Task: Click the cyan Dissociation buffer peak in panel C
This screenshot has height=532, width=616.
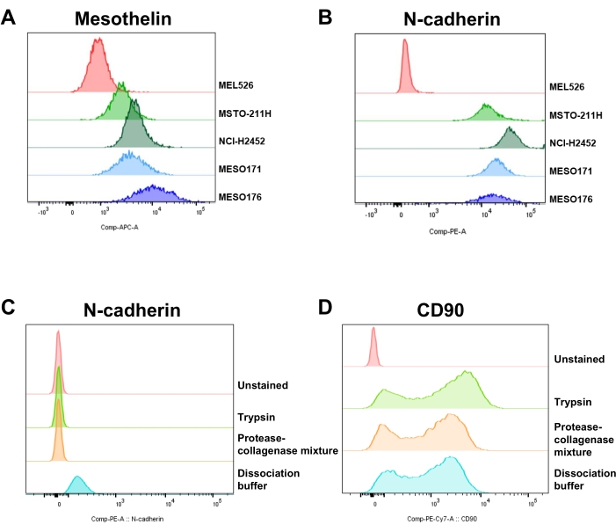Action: [77, 485]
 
